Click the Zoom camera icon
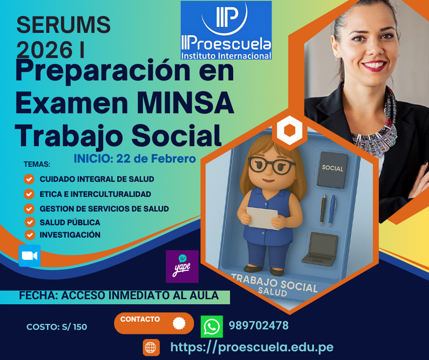[x=30, y=256]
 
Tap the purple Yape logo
[x=182, y=266]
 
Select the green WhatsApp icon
[x=212, y=326]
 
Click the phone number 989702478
[x=259, y=325]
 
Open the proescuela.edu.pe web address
[x=252, y=347]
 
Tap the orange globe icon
[x=151, y=348]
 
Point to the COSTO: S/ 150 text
[x=57, y=327]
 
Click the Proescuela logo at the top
[x=226, y=30]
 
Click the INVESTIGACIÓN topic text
[x=70, y=235]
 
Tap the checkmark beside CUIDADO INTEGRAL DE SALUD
[x=29, y=179]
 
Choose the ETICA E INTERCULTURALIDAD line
[x=95, y=194]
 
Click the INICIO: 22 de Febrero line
[x=135, y=159]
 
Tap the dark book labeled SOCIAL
[x=332, y=169]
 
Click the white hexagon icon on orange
[x=289, y=130]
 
